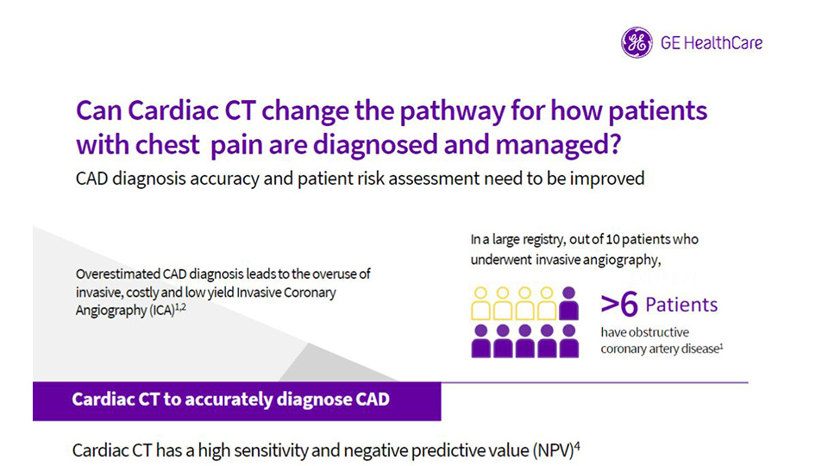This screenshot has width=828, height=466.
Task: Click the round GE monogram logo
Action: [x=637, y=42]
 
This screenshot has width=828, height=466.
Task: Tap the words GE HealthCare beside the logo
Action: [x=712, y=43]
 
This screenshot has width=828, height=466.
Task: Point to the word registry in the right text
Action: [x=544, y=240]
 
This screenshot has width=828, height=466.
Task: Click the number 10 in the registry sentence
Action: [x=612, y=239]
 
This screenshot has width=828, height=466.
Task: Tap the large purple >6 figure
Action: [x=619, y=305]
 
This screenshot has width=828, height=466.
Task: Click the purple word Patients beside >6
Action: [x=681, y=305]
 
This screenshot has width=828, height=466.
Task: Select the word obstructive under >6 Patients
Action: [x=662, y=332]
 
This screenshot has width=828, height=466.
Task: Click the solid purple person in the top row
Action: [x=568, y=303]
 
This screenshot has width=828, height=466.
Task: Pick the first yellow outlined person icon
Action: [x=480, y=303]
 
